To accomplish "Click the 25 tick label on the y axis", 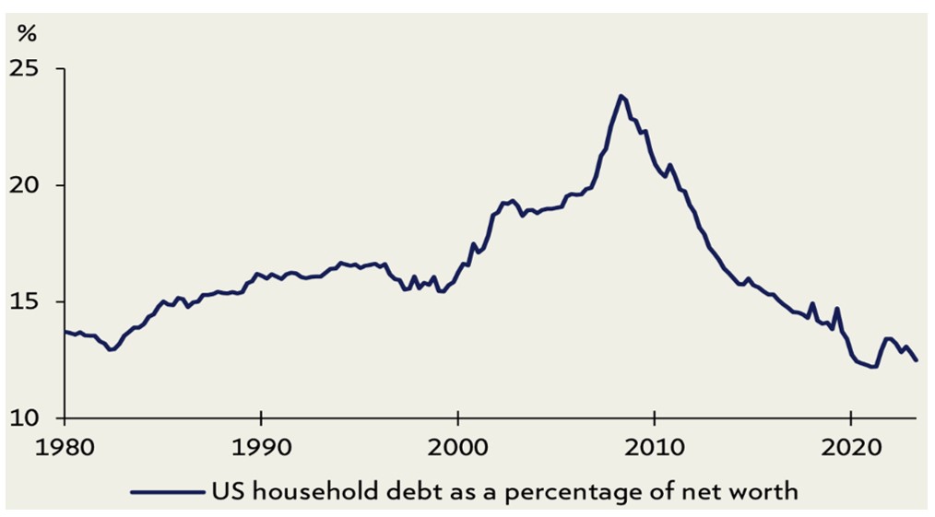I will (x=35, y=69).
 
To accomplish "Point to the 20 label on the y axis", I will (x=35, y=185).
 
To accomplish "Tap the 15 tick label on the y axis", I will (x=35, y=301).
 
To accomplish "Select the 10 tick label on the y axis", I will (x=35, y=417).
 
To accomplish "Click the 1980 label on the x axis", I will (x=65, y=443).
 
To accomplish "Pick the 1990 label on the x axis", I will (x=262, y=443).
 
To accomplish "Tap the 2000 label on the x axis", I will (x=458, y=443).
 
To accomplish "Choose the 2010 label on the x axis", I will (x=654, y=443).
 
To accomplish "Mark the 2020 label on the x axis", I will (x=850, y=443).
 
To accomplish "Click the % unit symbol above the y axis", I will (x=27, y=35).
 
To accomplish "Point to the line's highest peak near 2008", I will (x=621, y=96).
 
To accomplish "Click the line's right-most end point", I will (x=916, y=360).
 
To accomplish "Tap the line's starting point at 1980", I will (x=65, y=332).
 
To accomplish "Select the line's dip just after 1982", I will (x=111, y=350).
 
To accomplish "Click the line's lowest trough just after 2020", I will (x=874, y=367).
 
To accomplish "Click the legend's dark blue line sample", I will (x=167, y=491).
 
